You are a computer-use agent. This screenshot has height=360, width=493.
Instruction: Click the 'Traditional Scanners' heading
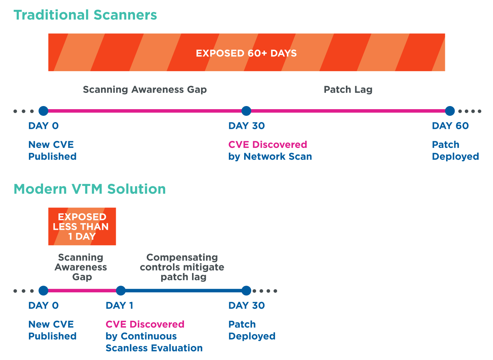[x=85, y=15]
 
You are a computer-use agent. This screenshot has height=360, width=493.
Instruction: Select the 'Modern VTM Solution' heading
[x=90, y=189]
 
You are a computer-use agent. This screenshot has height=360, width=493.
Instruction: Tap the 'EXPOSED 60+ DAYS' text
[x=246, y=53]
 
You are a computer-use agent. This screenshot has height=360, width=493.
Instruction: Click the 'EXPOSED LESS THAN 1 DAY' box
[x=82, y=227]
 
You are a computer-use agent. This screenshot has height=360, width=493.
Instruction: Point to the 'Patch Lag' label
[x=348, y=90]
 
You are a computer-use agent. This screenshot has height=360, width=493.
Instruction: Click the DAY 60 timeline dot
[x=450, y=111]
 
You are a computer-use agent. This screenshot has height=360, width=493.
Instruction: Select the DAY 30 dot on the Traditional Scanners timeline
[x=246, y=111]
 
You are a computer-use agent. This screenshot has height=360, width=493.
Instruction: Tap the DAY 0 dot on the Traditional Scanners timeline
[x=43, y=111]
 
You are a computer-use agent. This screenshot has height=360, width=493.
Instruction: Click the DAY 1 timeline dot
[x=121, y=291]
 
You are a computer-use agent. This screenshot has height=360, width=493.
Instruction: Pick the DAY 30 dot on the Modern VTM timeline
[x=246, y=291]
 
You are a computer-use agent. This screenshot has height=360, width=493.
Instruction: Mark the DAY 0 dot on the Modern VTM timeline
[x=43, y=291]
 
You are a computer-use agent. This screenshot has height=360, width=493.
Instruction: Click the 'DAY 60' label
[x=450, y=126]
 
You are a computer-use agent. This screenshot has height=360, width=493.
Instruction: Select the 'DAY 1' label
[x=119, y=306]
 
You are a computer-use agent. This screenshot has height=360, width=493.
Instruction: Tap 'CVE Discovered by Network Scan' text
[x=270, y=151]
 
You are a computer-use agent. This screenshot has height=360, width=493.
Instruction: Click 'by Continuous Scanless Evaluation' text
[x=154, y=342]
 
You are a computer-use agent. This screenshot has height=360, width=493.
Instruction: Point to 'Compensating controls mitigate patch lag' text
[x=182, y=267]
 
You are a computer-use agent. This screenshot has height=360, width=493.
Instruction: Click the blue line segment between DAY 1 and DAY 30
[x=184, y=291]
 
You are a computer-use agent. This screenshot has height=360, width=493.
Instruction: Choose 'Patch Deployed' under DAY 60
[x=455, y=151]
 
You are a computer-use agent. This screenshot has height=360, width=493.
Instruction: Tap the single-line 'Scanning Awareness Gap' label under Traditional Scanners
[x=145, y=90]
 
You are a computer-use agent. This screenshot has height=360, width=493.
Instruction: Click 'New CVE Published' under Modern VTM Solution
[x=52, y=331]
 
